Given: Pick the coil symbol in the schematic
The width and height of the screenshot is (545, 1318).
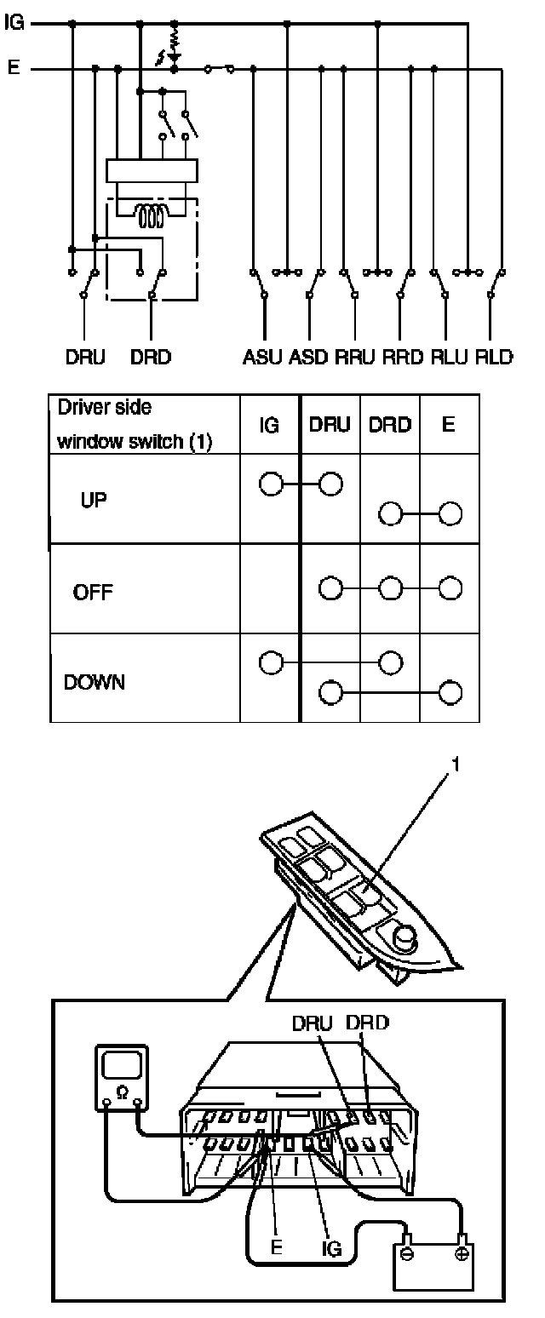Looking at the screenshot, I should click(x=151, y=218).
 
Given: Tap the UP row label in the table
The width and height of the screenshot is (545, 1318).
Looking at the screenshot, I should click(x=95, y=500).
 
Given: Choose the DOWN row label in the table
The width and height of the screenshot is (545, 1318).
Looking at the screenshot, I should click(x=95, y=683).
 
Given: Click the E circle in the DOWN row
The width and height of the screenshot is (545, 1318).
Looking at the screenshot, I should click(x=450, y=692).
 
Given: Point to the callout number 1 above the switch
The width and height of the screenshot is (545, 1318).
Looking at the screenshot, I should click(x=456, y=765).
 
